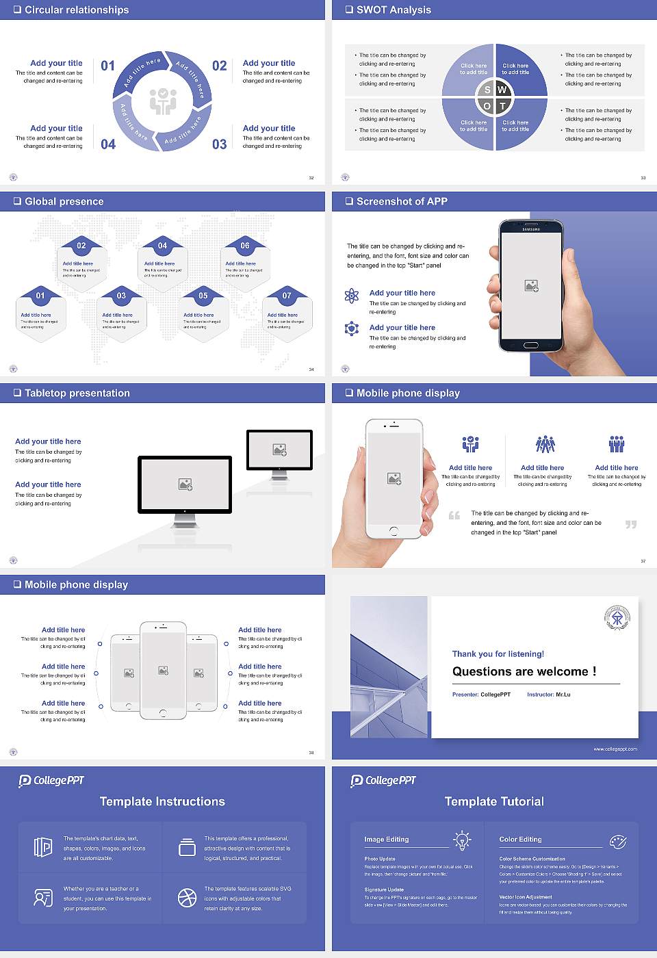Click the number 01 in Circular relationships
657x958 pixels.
(x=108, y=66)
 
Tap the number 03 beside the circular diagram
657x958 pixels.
(x=219, y=144)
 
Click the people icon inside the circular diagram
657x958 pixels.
(x=163, y=101)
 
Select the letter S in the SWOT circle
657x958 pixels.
(x=487, y=90)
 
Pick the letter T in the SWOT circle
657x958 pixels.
(x=502, y=106)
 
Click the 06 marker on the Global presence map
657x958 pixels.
(x=245, y=246)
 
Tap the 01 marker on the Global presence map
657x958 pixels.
(x=40, y=296)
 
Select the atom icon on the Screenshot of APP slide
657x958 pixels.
(x=352, y=296)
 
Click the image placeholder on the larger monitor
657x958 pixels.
(x=185, y=484)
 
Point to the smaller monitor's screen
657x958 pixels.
(x=279, y=450)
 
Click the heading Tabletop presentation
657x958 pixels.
(x=77, y=393)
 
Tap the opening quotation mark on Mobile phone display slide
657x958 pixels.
(x=454, y=515)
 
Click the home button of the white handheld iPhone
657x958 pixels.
(x=394, y=531)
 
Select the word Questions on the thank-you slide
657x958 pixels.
(x=482, y=672)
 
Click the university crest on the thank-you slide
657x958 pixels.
(x=617, y=618)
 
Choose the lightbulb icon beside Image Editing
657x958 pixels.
(x=462, y=840)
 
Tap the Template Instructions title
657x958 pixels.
(x=162, y=802)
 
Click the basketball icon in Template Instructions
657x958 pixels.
(x=187, y=898)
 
